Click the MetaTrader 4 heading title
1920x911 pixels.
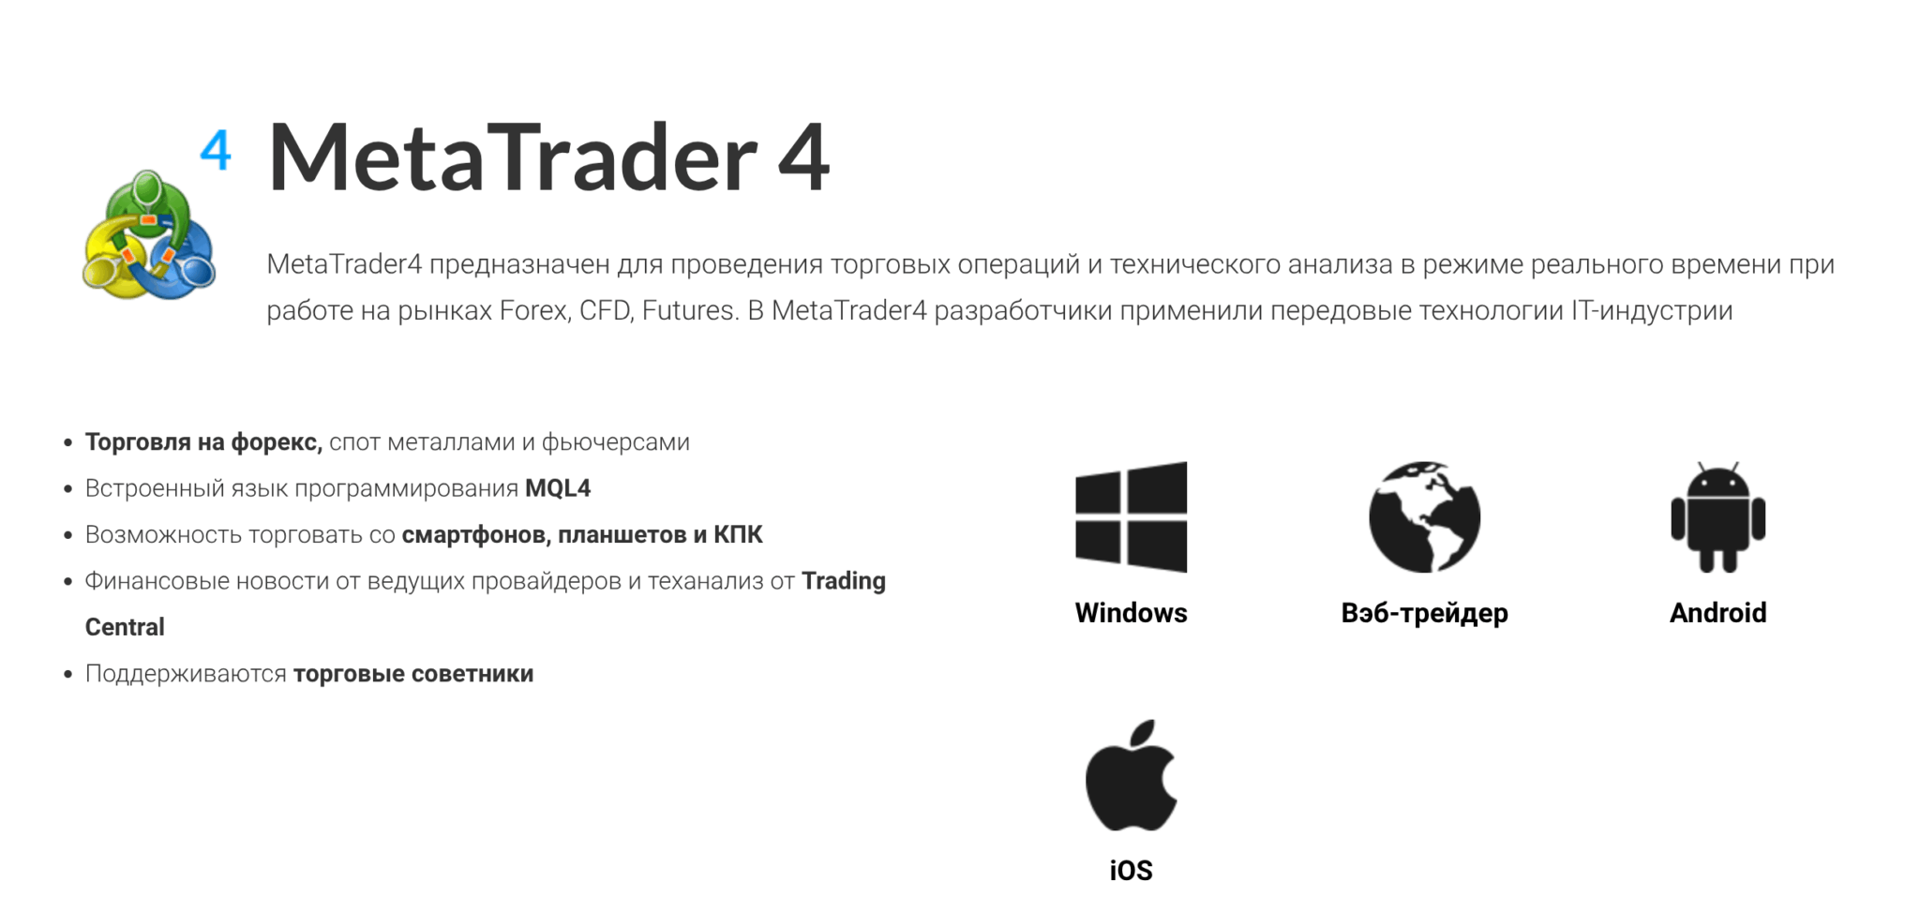(x=548, y=157)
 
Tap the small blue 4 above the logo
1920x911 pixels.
(x=216, y=150)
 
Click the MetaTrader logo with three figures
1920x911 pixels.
(x=148, y=234)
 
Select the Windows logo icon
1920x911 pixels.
(x=1131, y=516)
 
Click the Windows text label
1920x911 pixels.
(x=1131, y=613)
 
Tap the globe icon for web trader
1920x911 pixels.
(x=1424, y=516)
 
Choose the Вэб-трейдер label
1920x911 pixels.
(x=1424, y=613)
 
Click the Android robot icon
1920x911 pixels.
(x=1717, y=516)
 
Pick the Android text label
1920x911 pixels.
(x=1717, y=613)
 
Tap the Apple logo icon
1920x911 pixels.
(x=1131, y=776)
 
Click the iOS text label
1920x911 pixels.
(x=1131, y=871)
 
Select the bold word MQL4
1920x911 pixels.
(x=558, y=488)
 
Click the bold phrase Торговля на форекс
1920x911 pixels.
(x=203, y=442)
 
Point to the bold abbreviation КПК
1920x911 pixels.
(x=738, y=534)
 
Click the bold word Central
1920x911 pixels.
(x=125, y=627)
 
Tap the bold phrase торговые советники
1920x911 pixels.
(x=413, y=674)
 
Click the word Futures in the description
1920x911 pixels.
(x=689, y=310)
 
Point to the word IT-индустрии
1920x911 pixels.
(x=1652, y=310)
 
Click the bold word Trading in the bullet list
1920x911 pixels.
(x=844, y=581)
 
